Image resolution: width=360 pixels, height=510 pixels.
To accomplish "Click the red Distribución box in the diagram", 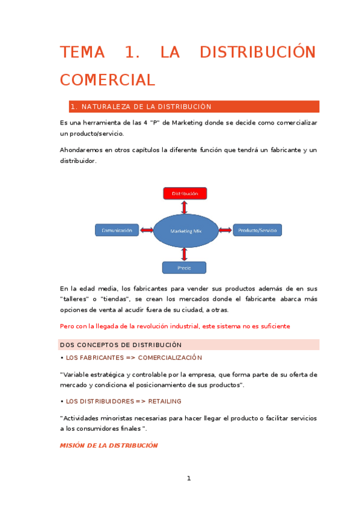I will coord(185,194).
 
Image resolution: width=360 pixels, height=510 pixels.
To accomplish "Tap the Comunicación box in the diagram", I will coord(117,230).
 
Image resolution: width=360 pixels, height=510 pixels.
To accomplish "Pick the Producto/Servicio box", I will coord(257,230).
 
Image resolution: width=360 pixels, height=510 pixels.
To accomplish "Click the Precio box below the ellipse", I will coord(184,268).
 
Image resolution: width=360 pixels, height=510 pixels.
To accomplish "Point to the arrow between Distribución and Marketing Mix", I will coord(185,206).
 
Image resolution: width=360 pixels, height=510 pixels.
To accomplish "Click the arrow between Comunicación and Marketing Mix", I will coord(146,230).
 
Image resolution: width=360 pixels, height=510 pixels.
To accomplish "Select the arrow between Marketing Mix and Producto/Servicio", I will coord(225,230).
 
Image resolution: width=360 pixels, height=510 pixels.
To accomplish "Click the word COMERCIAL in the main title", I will coord(107,79).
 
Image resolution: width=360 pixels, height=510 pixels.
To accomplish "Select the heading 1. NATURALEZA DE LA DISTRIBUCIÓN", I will coord(141,107).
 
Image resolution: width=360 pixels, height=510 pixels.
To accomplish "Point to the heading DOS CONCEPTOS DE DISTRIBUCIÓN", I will coord(121,345).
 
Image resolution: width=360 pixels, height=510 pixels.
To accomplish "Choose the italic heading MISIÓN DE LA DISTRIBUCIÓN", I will coord(109,446).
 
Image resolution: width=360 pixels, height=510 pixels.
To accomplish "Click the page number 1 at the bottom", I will coord(189,479).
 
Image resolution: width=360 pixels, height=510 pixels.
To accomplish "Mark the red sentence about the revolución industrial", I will coord(175,326).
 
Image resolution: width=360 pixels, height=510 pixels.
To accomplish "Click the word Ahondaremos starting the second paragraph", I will coord(81,149).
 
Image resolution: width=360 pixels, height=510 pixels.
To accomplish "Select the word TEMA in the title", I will coord(82,52).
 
